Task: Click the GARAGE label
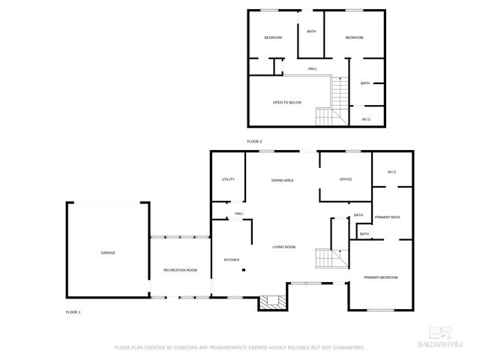click(x=108, y=253)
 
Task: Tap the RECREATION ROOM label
click(x=181, y=270)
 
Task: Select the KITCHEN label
click(x=232, y=259)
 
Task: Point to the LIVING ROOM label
click(x=283, y=247)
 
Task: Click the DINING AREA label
click(x=282, y=180)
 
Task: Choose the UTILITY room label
click(x=228, y=179)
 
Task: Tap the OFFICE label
click(x=346, y=179)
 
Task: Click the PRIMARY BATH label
click(x=388, y=217)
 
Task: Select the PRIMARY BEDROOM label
click(x=381, y=277)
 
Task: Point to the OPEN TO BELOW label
click(x=287, y=102)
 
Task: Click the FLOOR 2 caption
click(x=255, y=141)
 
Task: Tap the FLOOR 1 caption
click(x=73, y=311)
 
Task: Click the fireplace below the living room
click(x=272, y=302)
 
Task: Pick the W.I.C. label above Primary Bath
click(x=391, y=172)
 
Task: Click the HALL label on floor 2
click(x=312, y=69)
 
